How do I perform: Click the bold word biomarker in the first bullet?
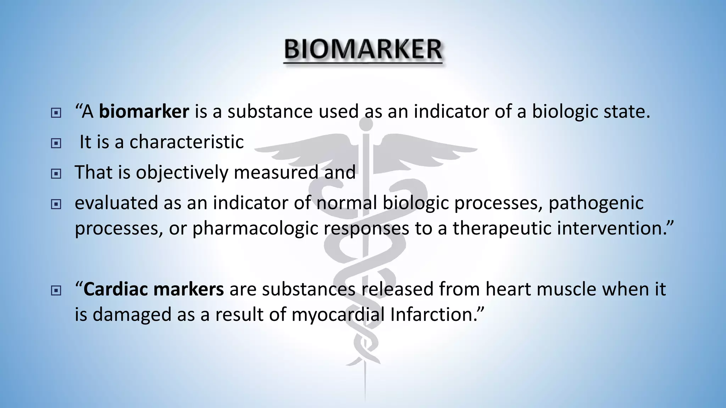pos(144,112)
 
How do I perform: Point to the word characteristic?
pos(186,142)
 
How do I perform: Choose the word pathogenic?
pos(596,203)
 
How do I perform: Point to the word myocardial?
pos(338,314)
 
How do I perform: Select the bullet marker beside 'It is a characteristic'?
pos(56,143)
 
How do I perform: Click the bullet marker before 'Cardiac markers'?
pos(56,291)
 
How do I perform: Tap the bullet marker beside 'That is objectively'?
pos(56,174)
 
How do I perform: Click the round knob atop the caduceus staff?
pos(366,124)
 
